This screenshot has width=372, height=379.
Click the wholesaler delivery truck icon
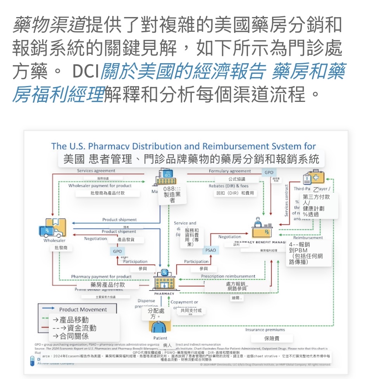[53, 228]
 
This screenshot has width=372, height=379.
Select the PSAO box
[211, 250]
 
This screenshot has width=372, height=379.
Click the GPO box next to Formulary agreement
[269, 172]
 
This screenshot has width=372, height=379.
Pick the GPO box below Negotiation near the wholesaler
[117, 252]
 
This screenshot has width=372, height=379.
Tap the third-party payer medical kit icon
[314, 178]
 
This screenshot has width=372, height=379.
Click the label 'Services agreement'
[96, 171]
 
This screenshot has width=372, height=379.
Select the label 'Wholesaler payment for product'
[100, 186]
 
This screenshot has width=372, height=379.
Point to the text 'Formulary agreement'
[230, 171]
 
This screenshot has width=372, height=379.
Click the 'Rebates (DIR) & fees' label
[228, 186]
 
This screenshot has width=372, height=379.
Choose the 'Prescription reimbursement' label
[228, 276]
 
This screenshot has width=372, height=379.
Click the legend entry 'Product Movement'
[83, 309]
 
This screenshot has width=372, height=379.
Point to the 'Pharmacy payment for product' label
[101, 277]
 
